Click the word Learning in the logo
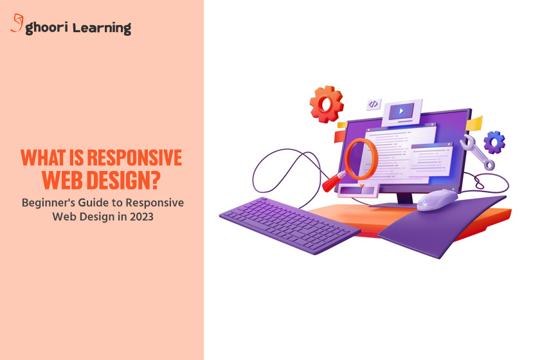pyautogui.click(x=102, y=28)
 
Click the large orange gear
pyautogui.click(x=327, y=104)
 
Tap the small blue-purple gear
pyautogui.click(x=494, y=142)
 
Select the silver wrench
pyautogui.click(x=477, y=152)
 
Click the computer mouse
pyautogui.click(x=437, y=199)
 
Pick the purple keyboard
pyautogui.click(x=289, y=220)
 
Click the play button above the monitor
pyautogui.click(x=402, y=111)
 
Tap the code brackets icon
pyautogui.click(x=373, y=104)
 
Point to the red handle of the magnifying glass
pyautogui.click(x=336, y=183)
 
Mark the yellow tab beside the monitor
pyautogui.click(x=475, y=122)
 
